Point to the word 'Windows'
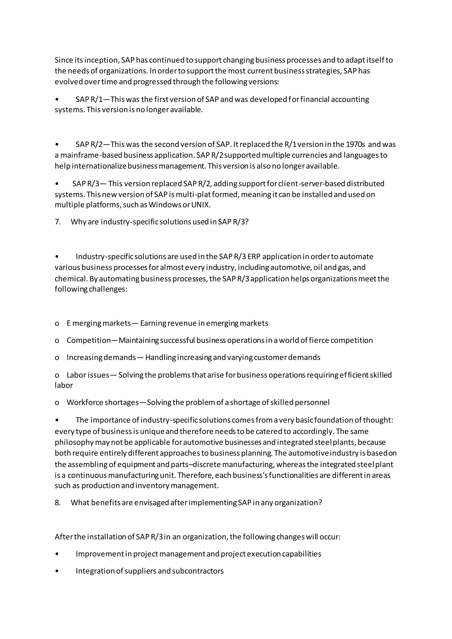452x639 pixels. coord(164,205)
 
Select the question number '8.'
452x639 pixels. coord(58,503)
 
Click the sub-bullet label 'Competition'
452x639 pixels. coord(89,340)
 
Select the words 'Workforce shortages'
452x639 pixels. coord(103,402)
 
